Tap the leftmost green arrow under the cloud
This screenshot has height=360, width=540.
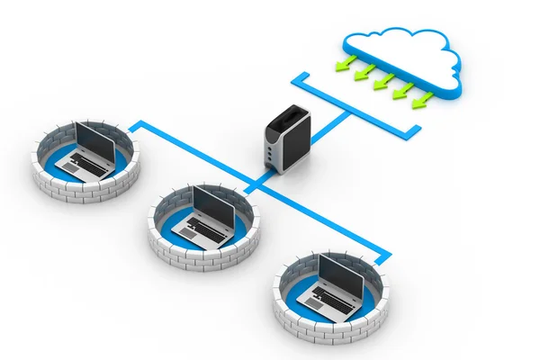click(x=345, y=63)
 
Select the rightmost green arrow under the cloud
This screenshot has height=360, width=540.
click(x=422, y=99)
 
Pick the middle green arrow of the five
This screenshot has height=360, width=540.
click(x=383, y=81)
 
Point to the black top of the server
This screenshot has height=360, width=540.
click(x=287, y=118)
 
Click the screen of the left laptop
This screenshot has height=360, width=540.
click(x=94, y=142)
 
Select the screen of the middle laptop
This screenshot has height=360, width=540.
click(x=213, y=207)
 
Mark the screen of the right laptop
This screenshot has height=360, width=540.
click(x=341, y=275)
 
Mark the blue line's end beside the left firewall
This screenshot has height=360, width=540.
click(x=134, y=126)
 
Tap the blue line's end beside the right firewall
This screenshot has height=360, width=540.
click(x=387, y=258)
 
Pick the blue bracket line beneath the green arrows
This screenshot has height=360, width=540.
click(x=360, y=107)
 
